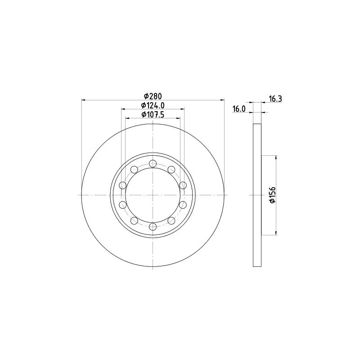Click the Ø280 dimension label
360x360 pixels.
[153, 96]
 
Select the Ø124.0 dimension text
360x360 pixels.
[153, 105]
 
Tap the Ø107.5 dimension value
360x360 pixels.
[153, 114]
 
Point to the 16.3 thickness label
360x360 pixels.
[275, 99]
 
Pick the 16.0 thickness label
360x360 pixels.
[239, 109]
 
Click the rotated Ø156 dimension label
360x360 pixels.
[272, 195]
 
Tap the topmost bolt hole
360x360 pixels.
[153, 164]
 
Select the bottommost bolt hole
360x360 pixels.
[153, 227]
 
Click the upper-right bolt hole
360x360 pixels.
[171, 170]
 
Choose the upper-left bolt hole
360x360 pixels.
[134, 170]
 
